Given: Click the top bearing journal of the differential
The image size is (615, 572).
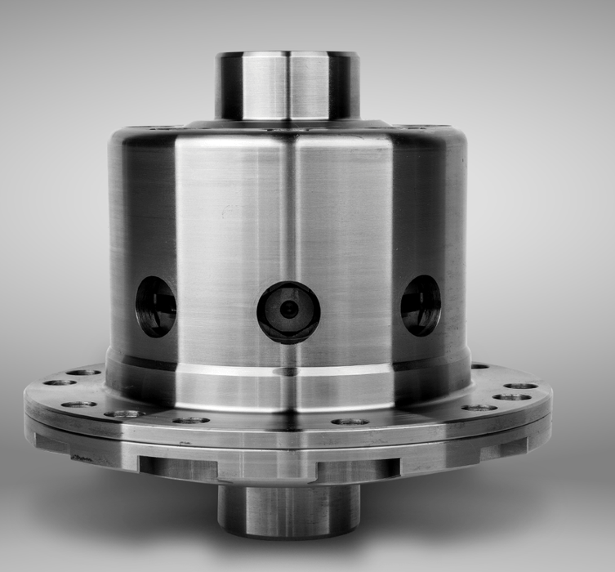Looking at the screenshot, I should coord(287,87).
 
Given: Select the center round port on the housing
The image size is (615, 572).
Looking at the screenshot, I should coord(288,311).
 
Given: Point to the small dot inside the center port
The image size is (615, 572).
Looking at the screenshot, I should coord(288,310).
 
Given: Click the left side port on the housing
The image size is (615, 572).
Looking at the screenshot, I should coord(156,306).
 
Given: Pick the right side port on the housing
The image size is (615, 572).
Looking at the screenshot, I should coord(421,305).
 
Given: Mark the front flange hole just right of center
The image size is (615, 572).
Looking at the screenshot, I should coord(350,422).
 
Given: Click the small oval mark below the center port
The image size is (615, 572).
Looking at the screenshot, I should coord(287,372).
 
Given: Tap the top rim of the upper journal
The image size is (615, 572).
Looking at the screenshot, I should coord(287,55).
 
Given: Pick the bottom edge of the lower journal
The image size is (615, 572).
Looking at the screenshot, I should coord(288,535).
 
